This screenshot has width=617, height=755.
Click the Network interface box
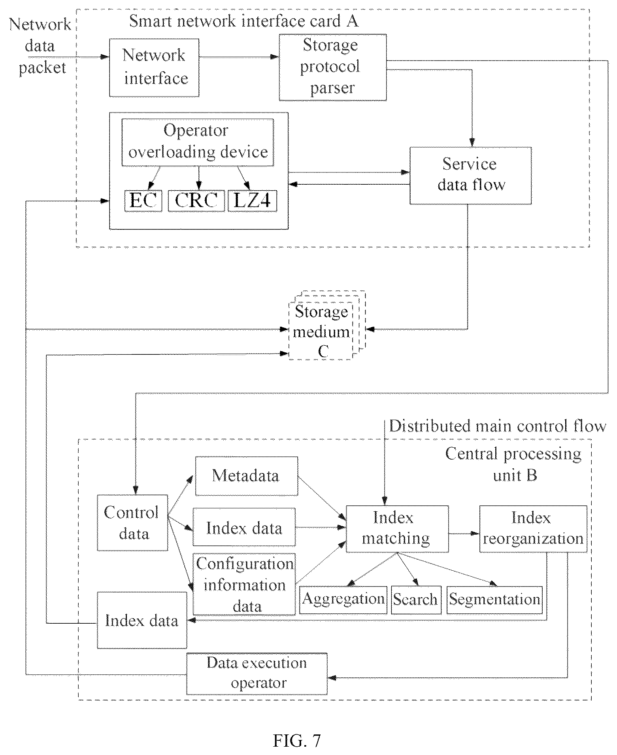pyautogui.click(x=154, y=68)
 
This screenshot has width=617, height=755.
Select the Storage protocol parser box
pyautogui.click(x=332, y=67)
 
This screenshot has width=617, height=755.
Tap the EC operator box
pyautogui.click(x=143, y=201)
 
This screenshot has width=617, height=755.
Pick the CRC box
pyautogui.click(x=196, y=201)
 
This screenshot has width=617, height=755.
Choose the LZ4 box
pyautogui.click(x=252, y=201)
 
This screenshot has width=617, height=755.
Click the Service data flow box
pyautogui.click(x=470, y=176)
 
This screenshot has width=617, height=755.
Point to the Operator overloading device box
pyautogui.click(x=198, y=142)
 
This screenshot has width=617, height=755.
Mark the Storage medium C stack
pyautogui.click(x=326, y=325)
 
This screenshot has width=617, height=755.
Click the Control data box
pyautogui.click(x=132, y=522)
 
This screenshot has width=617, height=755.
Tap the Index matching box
pyautogui.click(x=397, y=528)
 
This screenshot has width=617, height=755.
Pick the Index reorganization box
pyautogui.click(x=533, y=528)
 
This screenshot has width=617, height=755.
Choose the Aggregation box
pyautogui.click(x=343, y=600)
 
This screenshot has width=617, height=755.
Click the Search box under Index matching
pyautogui.click(x=416, y=600)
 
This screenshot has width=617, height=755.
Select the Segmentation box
pyautogui.click(x=494, y=600)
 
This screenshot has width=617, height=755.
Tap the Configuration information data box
pyautogui.click(x=244, y=584)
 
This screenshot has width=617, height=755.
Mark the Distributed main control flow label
pyautogui.click(x=498, y=426)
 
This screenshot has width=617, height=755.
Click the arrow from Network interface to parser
pyautogui.click(x=239, y=57)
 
